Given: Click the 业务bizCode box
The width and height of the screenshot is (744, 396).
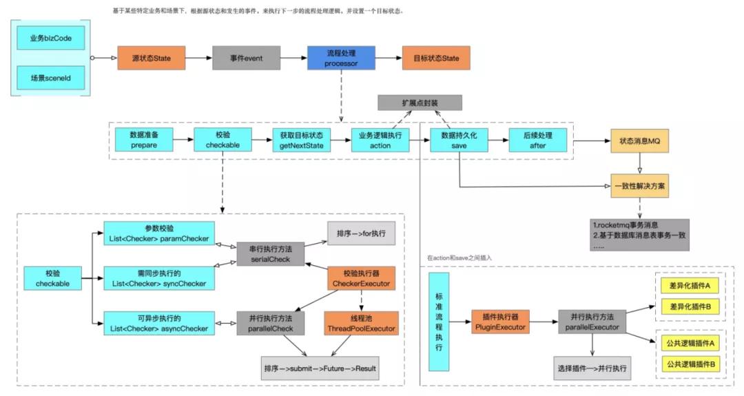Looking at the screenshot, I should (51, 39).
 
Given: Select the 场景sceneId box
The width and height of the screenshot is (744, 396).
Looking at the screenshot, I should (51, 78).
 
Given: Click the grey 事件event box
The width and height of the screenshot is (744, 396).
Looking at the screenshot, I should (245, 58).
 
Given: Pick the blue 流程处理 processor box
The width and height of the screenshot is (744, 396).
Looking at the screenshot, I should (342, 58).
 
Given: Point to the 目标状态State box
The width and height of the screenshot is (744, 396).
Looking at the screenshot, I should (436, 58).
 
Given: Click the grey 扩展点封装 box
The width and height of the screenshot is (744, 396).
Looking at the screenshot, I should (420, 102).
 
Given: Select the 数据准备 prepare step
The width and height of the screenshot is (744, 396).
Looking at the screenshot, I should (143, 140).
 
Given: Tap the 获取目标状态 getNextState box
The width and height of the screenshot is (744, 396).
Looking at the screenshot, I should (301, 140).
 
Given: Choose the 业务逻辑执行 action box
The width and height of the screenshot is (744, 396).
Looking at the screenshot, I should (380, 140).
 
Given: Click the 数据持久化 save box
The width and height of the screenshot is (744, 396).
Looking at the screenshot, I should (459, 140).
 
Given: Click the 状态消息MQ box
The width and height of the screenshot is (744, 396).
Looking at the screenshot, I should (640, 140).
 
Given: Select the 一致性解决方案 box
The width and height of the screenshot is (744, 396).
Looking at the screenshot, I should (640, 186).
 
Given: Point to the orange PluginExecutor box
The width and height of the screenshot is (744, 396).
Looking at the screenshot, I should (500, 322).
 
